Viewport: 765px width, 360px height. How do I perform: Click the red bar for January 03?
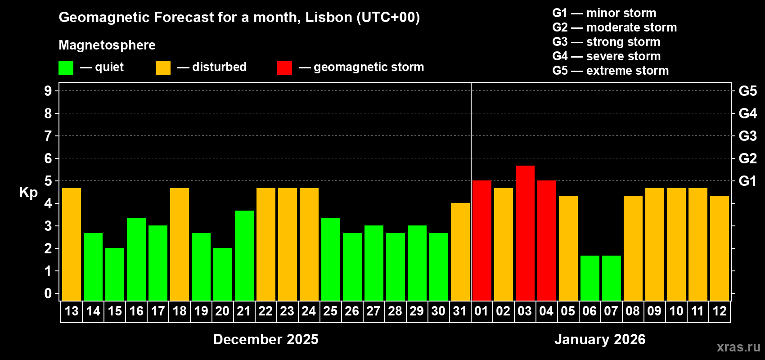pos(525,233)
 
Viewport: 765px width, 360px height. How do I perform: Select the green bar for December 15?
pos(115,274)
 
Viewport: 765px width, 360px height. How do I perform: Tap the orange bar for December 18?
pos(180,244)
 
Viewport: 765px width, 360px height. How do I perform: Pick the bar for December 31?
pos(460,252)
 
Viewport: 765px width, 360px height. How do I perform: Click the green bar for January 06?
pos(589,278)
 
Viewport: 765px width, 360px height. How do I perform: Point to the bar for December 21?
pos(244,256)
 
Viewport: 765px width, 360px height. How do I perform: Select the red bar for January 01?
pos(481,240)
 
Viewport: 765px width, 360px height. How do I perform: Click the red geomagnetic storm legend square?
pos(284,68)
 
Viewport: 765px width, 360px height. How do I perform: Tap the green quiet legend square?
pos(66,68)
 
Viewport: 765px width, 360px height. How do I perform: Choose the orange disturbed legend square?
pos(163,68)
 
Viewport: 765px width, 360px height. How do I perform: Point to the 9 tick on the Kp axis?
pos(48,91)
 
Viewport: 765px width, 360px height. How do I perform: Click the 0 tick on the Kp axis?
pos(48,293)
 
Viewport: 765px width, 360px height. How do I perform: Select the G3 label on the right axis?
pos(747,136)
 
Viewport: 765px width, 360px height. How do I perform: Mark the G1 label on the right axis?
pos(747,181)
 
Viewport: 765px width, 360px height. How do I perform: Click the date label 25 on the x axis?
pos(330,311)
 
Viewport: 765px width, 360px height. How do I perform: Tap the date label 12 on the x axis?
pos(719,311)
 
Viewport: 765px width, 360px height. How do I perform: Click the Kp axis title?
pos(28,193)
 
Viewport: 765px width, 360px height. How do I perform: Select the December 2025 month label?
pos(265,339)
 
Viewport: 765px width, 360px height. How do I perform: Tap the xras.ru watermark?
pos(738,347)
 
